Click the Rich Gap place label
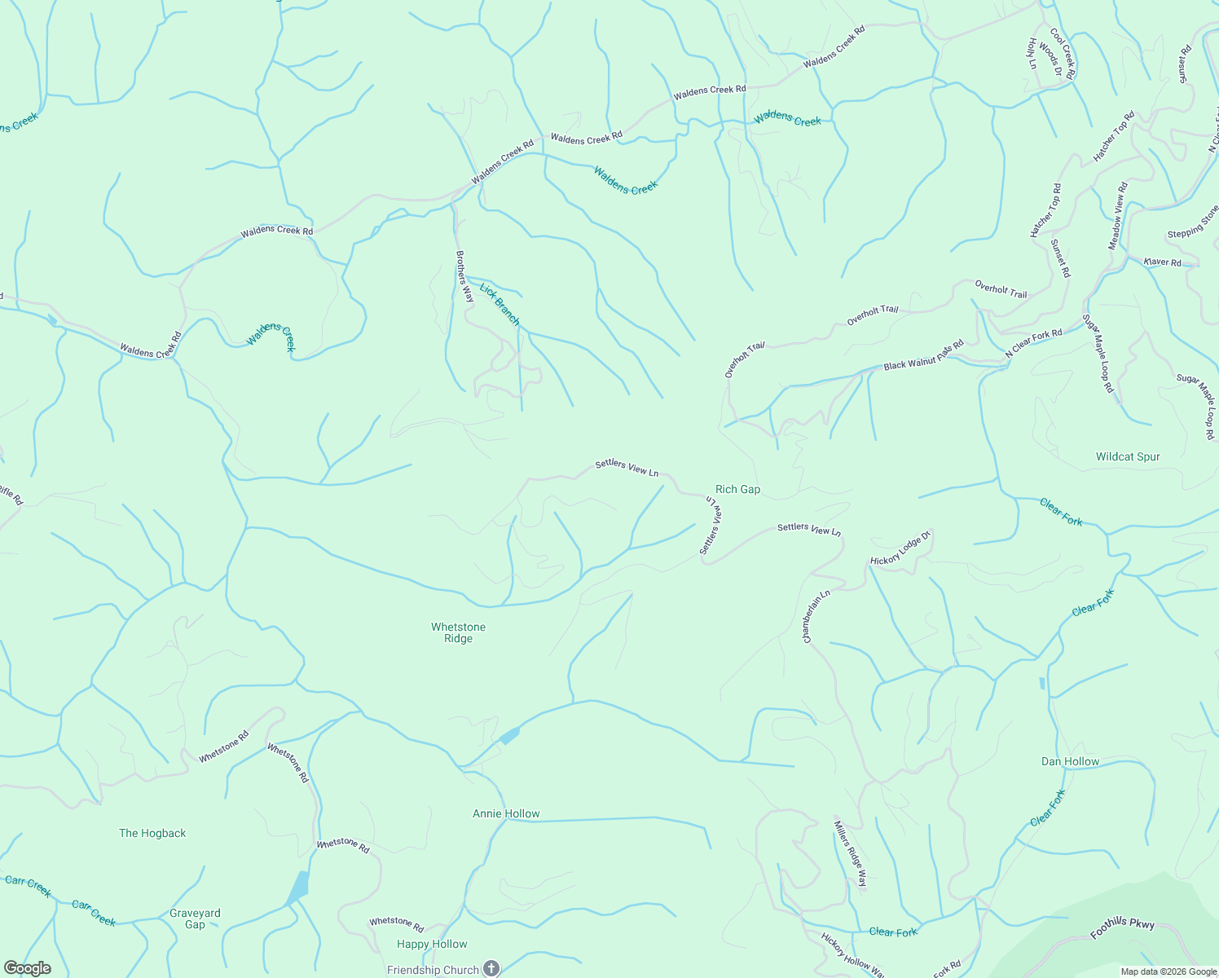(x=737, y=490)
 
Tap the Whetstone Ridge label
(x=458, y=632)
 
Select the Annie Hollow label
(x=506, y=813)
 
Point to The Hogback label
(x=152, y=833)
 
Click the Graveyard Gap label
(x=195, y=919)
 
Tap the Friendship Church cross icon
(x=491, y=968)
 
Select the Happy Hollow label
(x=432, y=944)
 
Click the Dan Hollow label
(x=1070, y=761)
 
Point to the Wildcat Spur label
(x=1128, y=456)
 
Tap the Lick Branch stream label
(x=499, y=304)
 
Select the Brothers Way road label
(x=464, y=276)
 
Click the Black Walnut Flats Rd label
(x=923, y=356)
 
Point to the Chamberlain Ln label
(x=816, y=616)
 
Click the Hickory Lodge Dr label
(x=900, y=550)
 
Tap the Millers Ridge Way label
(x=850, y=853)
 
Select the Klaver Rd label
(x=1162, y=262)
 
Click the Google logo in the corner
(x=27, y=968)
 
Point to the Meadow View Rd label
(x=1117, y=216)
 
